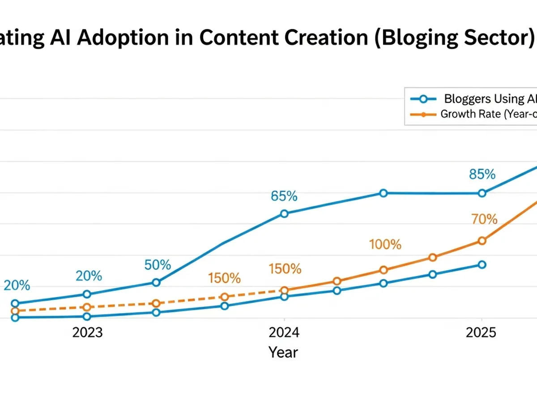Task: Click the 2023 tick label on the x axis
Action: [x=88, y=333]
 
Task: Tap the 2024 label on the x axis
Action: [x=284, y=333]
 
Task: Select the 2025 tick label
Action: [x=482, y=333]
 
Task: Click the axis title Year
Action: [x=283, y=352]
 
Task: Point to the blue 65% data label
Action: [x=284, y=196]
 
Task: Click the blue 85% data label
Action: [x=482, y=174]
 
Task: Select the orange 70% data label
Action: [x=484, y=219]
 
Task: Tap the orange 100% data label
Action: [x=385, y=244]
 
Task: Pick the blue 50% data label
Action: [x=158, y=265]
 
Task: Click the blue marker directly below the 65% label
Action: [x=284, y=214]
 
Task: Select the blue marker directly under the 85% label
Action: [x=482, y=193]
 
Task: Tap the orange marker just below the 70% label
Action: [x=482, y=241]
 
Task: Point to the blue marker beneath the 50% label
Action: [x=156, y=282]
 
